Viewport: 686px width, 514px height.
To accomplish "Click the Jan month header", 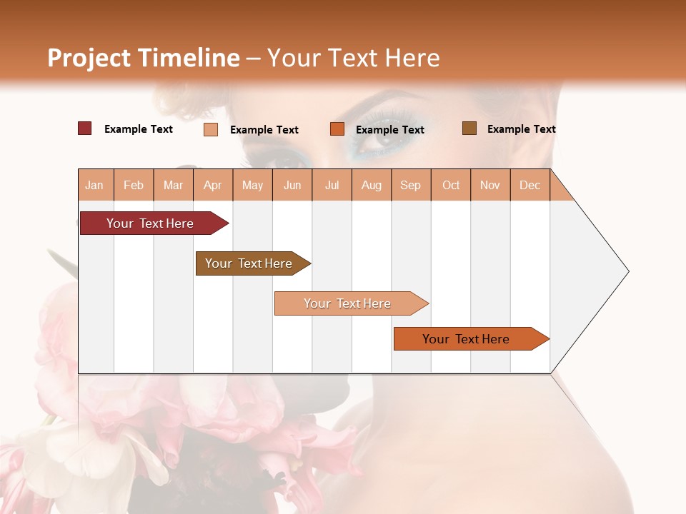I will coord(95,185).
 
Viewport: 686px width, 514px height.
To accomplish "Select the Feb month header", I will coord(134,185).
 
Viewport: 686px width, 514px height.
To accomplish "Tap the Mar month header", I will coord(173,185).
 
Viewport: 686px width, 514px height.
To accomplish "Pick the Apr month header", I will coord(213,185).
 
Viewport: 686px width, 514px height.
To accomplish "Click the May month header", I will coord(252,185).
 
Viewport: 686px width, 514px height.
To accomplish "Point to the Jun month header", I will coord(292,185).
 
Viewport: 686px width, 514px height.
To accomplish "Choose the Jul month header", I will coord(332,185).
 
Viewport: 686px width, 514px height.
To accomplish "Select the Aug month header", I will coord(372,185).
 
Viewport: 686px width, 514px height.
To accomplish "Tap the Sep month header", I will coord(411,185).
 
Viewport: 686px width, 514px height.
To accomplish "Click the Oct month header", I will coord(451,185).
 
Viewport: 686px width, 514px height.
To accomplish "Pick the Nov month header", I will coord(490,185).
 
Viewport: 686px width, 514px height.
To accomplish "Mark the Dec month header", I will coord(530,185).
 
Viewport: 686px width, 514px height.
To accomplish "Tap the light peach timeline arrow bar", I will coord(348,303).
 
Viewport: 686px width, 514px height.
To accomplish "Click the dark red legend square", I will coord(85,128).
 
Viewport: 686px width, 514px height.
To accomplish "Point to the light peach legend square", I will coord(211,129).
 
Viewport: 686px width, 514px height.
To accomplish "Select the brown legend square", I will coord(469,128).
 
